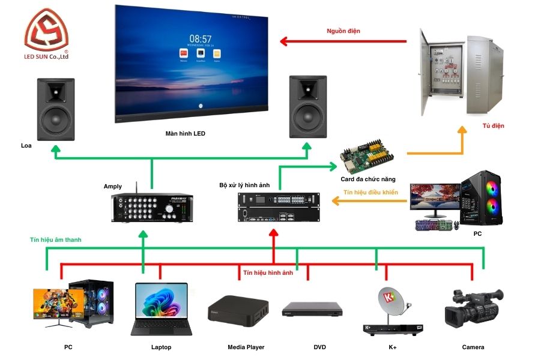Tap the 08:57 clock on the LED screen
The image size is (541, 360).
(200, 38)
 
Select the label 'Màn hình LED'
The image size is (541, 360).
(185, 133)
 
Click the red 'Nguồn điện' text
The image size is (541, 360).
(343, 31)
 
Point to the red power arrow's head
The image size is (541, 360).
(284, 41)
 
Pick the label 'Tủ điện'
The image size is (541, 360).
(493, 126)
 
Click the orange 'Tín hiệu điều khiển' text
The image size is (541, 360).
(370, 193)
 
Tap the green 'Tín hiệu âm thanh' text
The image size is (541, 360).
(55, 239)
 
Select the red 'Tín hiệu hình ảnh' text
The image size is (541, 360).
(268, 272)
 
